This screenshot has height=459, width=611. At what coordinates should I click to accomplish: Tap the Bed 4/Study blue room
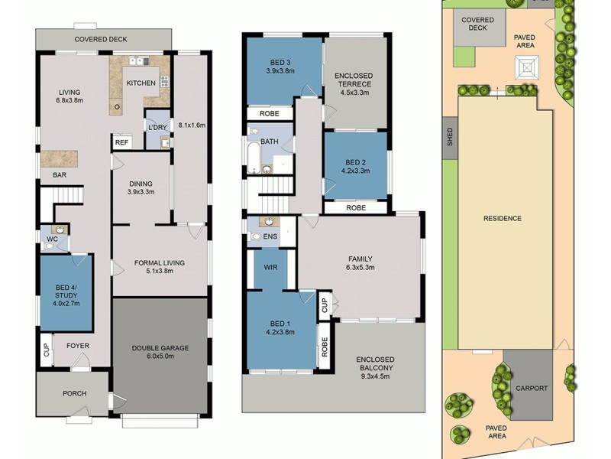coord(66,292)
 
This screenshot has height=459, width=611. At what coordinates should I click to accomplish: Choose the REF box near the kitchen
coord(121,142)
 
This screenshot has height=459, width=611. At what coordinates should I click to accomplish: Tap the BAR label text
coord(58,175)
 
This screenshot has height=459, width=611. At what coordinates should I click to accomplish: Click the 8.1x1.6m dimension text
coord(192,125)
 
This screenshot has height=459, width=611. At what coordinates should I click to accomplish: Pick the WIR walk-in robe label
coord(270,268)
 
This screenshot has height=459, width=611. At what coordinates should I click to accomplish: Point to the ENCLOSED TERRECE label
coord(352,83)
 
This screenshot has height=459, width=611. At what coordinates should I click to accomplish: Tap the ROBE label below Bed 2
coord(355,207)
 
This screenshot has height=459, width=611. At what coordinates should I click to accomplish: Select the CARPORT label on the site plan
coord(531,388)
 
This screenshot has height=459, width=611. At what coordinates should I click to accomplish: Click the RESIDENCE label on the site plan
coord(502,218)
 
